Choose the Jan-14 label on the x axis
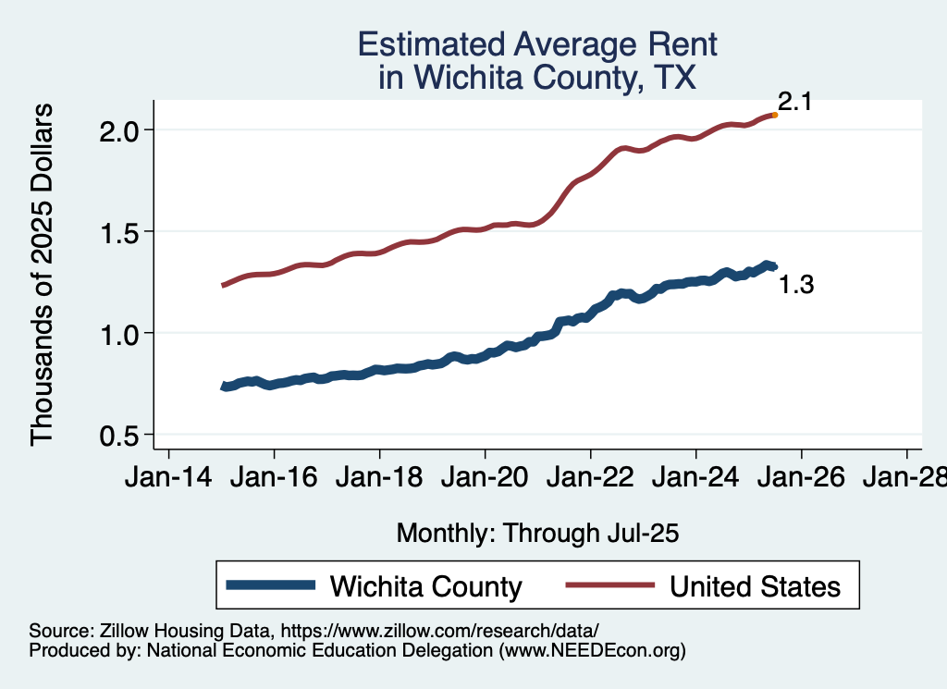click(x=168, y=479)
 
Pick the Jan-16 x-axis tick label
click(x=274, y=479)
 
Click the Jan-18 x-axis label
click(x=379, y=479)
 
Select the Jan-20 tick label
click(x=485, y=479)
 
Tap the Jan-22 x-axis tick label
click(x=590, y=479)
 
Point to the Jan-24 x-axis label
click(x=695, y=479)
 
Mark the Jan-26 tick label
click(x=801, y=479)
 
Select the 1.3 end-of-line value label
click(x=796, y=285)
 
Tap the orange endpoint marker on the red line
click(x=774, y=115)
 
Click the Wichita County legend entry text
click(x=425, y=586)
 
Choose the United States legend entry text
click(x=755, y=586)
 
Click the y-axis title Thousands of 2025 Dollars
click(x=43, y=275)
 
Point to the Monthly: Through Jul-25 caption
click(x=537, y=534)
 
